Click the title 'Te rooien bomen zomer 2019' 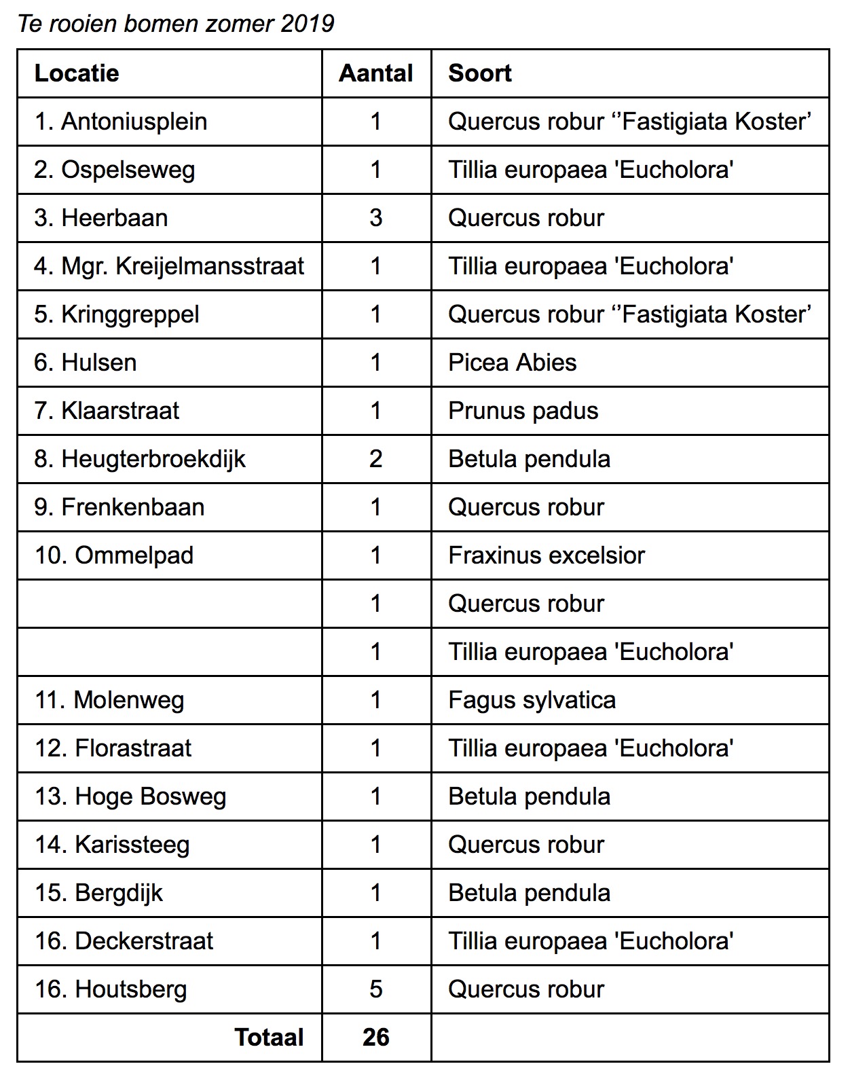[175, 24]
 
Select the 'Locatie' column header [77, 73]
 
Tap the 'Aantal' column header [376, 73]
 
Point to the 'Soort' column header [479, 73]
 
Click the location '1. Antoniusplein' [121, 122]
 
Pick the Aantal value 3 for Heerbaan [376, 218]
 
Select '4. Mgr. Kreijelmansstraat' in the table [169, 266]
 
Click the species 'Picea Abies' [512, 363]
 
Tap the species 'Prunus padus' [523, 411]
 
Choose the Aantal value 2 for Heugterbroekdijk [376, 459]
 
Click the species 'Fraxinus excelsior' [546, 555]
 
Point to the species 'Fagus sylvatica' [532, 700]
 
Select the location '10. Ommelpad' [114, 555]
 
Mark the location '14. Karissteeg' [112, 845]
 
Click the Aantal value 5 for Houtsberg [376, 989]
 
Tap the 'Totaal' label [269, 1038]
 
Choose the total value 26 [376, 1038]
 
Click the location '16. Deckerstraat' [124, 941]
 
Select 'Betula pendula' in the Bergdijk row [529, 893]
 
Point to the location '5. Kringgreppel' [117, 314]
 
